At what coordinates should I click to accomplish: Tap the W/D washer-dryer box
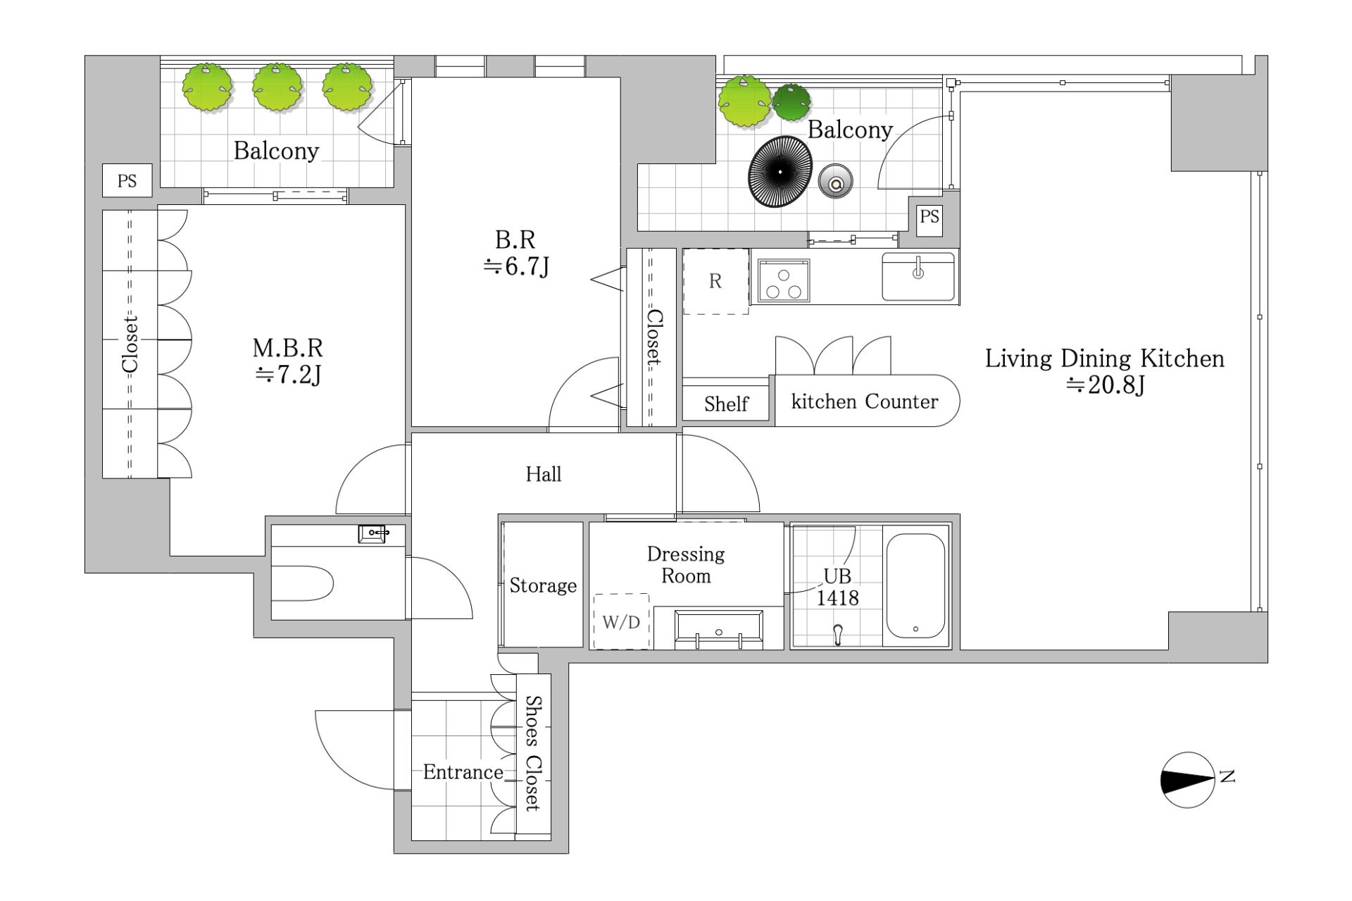pos(621,621)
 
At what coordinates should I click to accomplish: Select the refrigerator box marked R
pos(715,281)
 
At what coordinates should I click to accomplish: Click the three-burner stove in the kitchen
pos(784,280)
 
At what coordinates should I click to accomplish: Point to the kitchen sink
pos(918,276)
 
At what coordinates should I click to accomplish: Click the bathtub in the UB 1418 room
pos(915,586)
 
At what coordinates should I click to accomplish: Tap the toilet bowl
pos(303,583)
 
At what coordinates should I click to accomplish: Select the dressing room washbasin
pos(719,629)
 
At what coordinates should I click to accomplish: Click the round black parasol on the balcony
pos(780,172)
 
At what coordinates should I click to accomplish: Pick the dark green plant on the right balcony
pos(791,102)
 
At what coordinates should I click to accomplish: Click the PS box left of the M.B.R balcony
pos(127,181)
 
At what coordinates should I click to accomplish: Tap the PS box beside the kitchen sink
pos(930,216)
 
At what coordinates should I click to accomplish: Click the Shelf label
pos(726,404)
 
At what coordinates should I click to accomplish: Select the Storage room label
pos(543,585)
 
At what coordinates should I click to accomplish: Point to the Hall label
pos(544,474)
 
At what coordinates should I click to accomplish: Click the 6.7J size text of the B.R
pos(516,266)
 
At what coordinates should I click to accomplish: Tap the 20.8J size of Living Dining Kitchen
pos(1106,385)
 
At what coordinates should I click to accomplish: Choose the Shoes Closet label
pos(533,753)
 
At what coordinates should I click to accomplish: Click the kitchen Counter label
pos(865,402)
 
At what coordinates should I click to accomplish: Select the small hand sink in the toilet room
pos(373,533)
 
